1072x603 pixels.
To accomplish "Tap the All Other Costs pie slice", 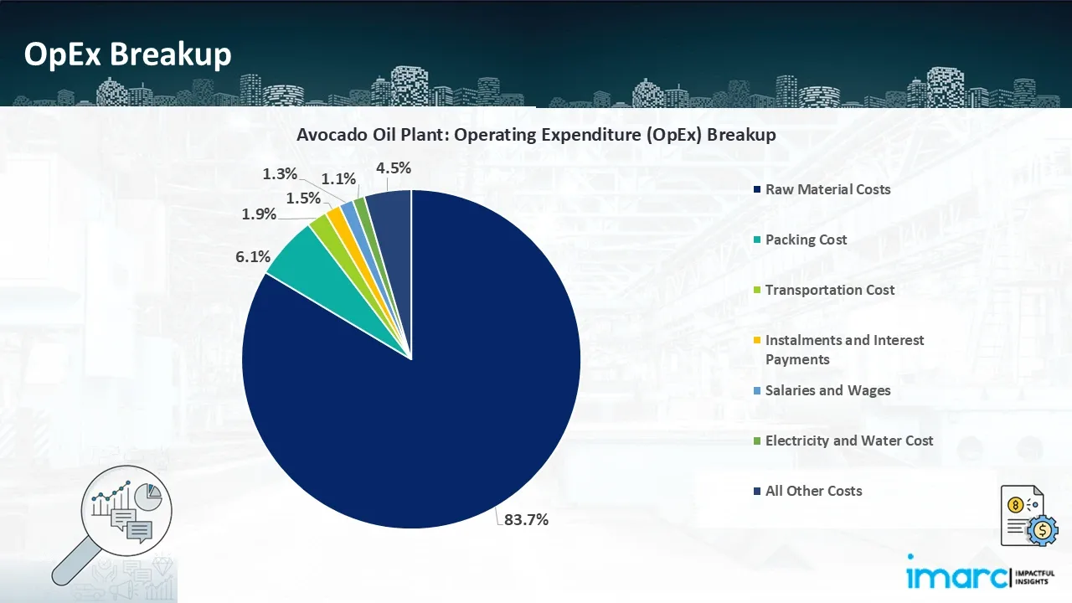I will tap(390, 209).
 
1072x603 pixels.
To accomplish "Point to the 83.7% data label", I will tap(526, 519).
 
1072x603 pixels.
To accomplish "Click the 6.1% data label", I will tap(251, 257).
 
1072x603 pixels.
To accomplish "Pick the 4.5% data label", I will tap(394, 167).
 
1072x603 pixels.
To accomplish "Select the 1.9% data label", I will tap(259, 214).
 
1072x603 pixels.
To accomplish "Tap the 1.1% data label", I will tap(339, 178).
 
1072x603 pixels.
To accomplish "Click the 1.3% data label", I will tap(280, 174).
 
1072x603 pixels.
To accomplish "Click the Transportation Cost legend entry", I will tap(829, 290).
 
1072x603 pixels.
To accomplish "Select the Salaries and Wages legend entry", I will tap(827, 390).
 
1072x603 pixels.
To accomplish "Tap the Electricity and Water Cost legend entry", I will tap(848, 441).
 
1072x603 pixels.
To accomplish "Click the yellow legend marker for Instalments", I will tap(757, 341).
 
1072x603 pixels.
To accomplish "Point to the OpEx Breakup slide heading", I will tap(127, 54).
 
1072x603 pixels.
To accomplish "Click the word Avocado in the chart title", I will tap(328, 134).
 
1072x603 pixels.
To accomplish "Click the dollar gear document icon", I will tap(1028, 516).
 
